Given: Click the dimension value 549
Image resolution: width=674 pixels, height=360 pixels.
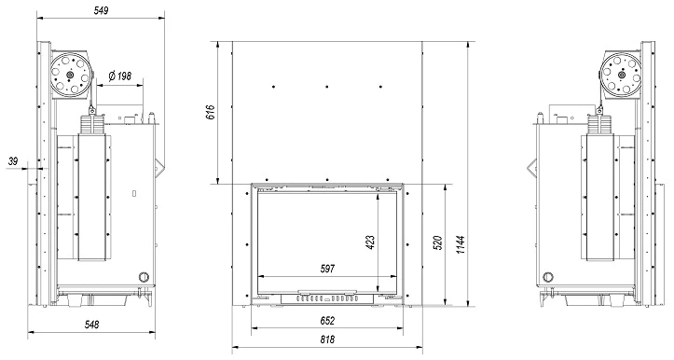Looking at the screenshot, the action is click(101, 10).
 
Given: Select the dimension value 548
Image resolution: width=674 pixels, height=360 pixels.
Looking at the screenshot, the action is click(91, 325).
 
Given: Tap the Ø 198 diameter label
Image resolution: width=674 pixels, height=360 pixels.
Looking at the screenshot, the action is click(120, 76).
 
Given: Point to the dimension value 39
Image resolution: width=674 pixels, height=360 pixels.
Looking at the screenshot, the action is click(13, 161).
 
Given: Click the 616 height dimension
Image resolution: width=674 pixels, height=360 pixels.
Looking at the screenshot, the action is click(211, 112).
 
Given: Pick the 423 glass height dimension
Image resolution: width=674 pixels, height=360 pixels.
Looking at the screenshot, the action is click(370, 242).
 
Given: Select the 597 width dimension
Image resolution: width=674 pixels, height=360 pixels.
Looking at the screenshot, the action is click(327, 269).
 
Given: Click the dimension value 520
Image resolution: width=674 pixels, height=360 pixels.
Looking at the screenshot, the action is click(438, 242).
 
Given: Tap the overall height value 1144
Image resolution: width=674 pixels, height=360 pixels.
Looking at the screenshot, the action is click(461, 244).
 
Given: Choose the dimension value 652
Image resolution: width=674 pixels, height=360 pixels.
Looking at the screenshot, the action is click(327, 321).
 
